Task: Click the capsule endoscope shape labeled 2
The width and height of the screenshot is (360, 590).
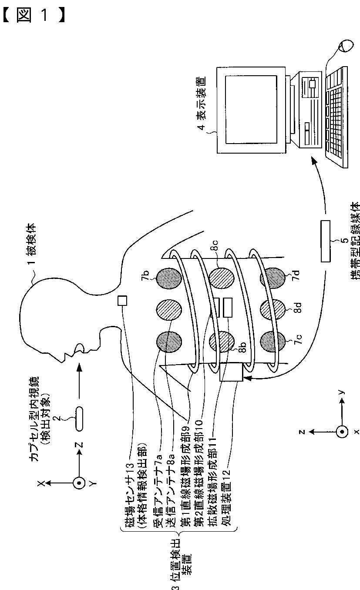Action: (79, 419)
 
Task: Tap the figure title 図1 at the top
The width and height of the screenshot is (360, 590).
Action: (35, 16)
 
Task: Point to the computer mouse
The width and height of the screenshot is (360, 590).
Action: (347, 45)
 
